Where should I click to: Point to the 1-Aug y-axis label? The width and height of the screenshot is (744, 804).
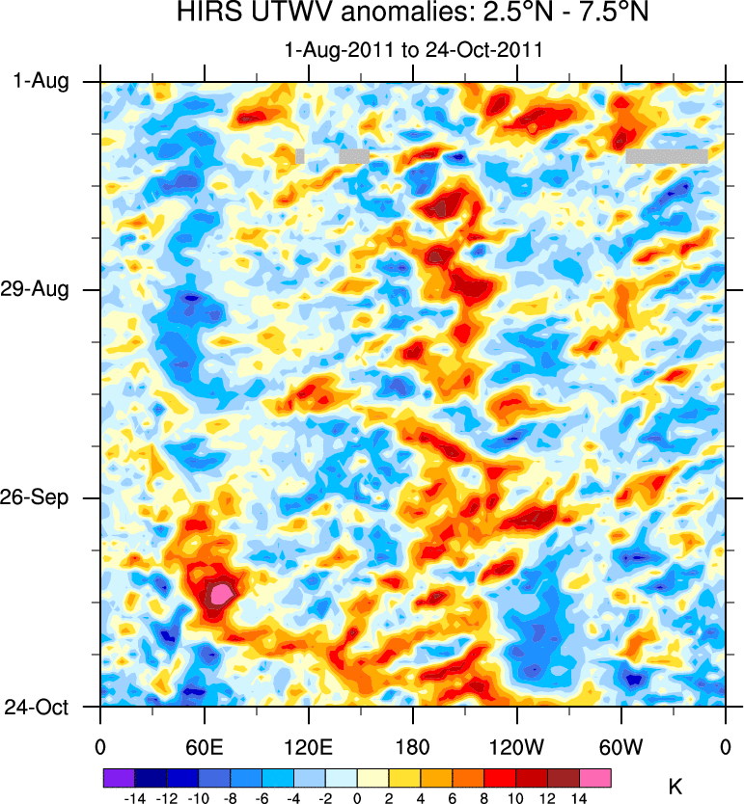click(41, 82)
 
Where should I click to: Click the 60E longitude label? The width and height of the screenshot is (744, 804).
click(204, 745)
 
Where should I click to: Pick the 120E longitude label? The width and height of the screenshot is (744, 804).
click(308, 745)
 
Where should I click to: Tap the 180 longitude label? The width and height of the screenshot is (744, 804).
click(412, 745)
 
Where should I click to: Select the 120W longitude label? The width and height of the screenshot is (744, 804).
click(516, 745)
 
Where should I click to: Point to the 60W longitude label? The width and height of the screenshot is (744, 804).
click(620, 745)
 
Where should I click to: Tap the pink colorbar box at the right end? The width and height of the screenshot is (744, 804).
click(595, 777)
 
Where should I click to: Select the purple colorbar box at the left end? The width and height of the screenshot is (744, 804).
click(119, 777)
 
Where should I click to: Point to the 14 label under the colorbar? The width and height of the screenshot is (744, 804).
click(579, 798)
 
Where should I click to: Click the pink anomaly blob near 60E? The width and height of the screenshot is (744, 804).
click(222, 593)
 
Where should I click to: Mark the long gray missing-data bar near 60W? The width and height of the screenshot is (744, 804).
click(666, 155)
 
